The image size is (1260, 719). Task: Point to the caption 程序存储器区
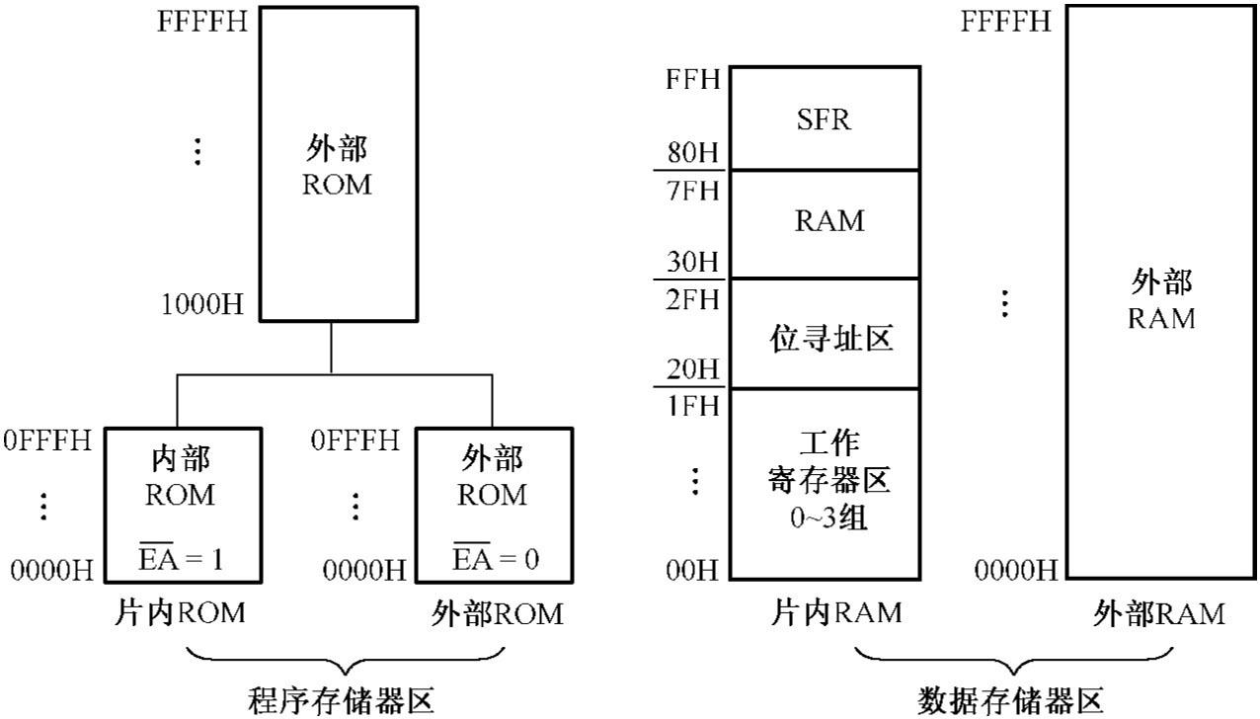click(341, 701)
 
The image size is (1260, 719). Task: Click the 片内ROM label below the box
click(178, 613)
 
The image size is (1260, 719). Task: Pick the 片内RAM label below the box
click(835, 613)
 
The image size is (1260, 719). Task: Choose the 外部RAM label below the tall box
click(1159, 613)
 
